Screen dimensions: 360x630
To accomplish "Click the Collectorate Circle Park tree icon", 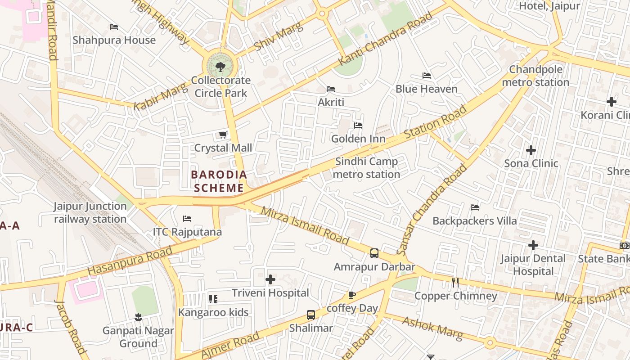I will [x=220, y=67].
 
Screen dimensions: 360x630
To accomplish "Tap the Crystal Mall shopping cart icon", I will [x=223, y=135].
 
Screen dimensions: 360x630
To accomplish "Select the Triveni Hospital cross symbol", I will [x=270, y=280].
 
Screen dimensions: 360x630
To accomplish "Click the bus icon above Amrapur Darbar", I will [x=374, y=253].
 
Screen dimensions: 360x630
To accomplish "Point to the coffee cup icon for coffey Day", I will [x=352, y=295].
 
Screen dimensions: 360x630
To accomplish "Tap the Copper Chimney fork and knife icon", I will [x=455, y=283].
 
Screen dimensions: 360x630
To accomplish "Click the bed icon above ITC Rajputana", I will [x=187, y=219].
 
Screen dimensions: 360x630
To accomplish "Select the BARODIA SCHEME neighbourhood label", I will [x=219, y=181].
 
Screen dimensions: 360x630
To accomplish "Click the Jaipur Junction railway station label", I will [x=90, y=213].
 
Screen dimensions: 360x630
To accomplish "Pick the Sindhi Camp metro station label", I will [x=366, y=168].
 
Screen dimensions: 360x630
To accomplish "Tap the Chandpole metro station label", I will [x=535, y=76].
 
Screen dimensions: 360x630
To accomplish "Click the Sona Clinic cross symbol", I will [x=531, y=150].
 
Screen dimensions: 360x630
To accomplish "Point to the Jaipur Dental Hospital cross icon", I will [x=533, y=245].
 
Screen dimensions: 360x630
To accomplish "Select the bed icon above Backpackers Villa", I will [x=475, y=207].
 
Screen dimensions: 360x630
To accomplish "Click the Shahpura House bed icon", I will [x=114, y=27].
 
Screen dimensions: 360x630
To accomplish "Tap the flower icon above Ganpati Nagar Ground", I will [x=138, y=317].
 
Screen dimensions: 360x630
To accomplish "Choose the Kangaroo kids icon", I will [x=213, y=299].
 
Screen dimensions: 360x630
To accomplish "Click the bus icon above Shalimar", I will [x=311, y=315].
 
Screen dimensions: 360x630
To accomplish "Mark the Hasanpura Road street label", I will [x=130, y=261].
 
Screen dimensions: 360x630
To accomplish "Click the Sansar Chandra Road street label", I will [x=433, y=209].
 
